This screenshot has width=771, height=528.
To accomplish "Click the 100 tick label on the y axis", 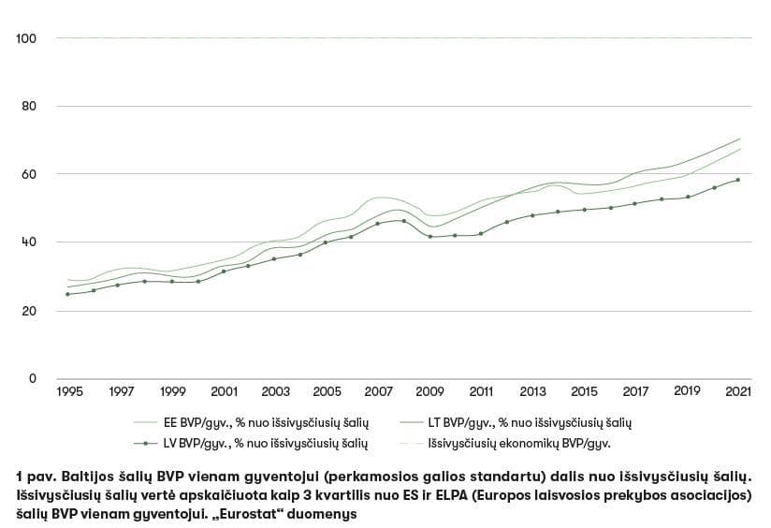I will (x=26, y=38).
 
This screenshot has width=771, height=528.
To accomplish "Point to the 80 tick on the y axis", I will (x=29, y=106).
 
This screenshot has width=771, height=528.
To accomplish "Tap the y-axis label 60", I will (x=29, y=174).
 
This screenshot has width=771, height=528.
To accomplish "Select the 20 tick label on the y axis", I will (x=29, y=311).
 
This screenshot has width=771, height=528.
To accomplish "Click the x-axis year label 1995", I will (x=68, y=390).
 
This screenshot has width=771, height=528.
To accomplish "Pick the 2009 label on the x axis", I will (x=430, y=390).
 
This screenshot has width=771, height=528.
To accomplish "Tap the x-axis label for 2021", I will (x=739, y=390).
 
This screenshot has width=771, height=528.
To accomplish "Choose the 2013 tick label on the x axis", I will (x=533, y=390).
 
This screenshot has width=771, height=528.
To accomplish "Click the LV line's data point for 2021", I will (x=739, y=180).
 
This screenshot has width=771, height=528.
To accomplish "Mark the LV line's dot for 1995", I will (x=68, y=294).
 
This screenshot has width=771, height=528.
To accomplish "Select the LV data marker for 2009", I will (x=430, y=237).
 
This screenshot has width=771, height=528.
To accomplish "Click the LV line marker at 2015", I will (x=585, y=210).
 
